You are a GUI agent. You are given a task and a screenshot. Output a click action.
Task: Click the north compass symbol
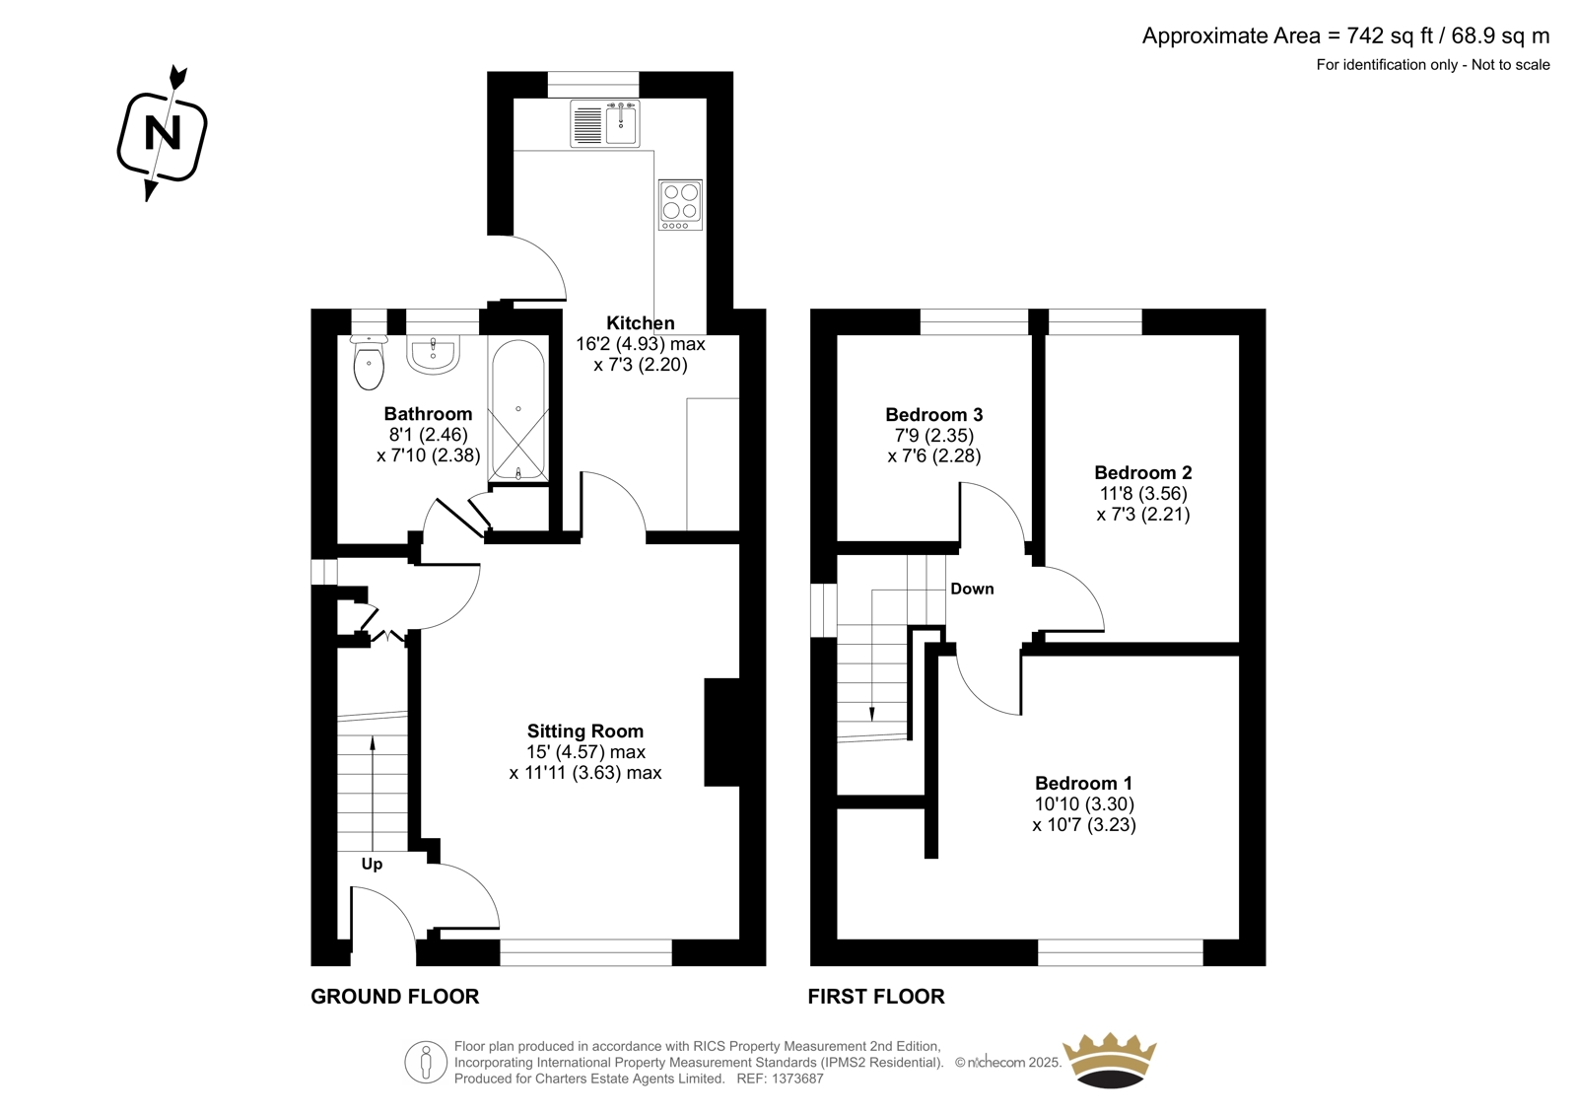click(x=162, y=134)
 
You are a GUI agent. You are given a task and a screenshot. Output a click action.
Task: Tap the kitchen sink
click(x=605, y=124)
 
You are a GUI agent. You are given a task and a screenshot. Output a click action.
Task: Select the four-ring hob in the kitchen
click(x=680, y=204)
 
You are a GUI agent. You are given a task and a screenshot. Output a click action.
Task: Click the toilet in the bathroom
click(x=369, y=362)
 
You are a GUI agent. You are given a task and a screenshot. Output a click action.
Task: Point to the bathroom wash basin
click(x=433, y=354)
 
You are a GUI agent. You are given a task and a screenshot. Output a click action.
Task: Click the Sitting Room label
click(x=585, y=732)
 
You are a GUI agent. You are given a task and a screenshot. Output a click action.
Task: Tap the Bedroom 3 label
click(x=933, y=415)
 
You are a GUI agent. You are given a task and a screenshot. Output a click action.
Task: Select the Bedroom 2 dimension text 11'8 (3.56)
click(x=1143, y=493)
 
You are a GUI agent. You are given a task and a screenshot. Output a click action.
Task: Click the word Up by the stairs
click(x=372, y=865)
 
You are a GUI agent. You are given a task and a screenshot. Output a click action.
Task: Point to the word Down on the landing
click(x=972, y=589)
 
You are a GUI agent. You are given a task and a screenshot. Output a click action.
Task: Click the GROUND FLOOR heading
click(x=395, y=997)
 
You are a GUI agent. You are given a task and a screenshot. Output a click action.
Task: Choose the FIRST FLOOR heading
click(x=876, y=997)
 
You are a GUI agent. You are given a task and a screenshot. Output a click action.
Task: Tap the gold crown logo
click(x=1110, y=1060)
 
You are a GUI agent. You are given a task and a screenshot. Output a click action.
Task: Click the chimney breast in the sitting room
click(x=722, y=732)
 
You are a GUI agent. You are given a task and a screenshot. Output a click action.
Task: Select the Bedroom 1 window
click(x=1120, y=952)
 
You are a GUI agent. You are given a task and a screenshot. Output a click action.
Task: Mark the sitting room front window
click(x=585, y=952)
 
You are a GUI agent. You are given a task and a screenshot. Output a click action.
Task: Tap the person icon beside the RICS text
click(x=426, y=1062)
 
